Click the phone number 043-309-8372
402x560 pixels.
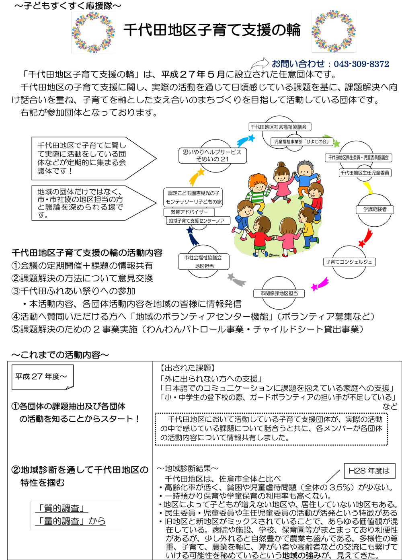click(x=361, y=64)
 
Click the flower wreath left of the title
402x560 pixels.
click(x=93, y=32)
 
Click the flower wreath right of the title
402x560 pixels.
click(x=333, y=31)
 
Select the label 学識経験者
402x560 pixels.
click(x=375, y=209)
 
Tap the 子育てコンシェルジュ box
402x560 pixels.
click(x=349, y=262)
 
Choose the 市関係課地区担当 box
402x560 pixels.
click(x=279, y=293)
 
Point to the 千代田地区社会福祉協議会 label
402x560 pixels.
click(x=279, y=127)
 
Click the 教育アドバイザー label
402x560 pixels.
click(x=189, y=212)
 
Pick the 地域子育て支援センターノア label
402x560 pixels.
click(x=197, y=221)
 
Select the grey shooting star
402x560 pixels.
click(x=236, y=278)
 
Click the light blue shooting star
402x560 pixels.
click(x=245, y=141)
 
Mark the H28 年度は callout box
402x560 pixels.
click(x=369, y=471)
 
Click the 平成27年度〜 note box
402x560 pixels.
click(x=42, y=377)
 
